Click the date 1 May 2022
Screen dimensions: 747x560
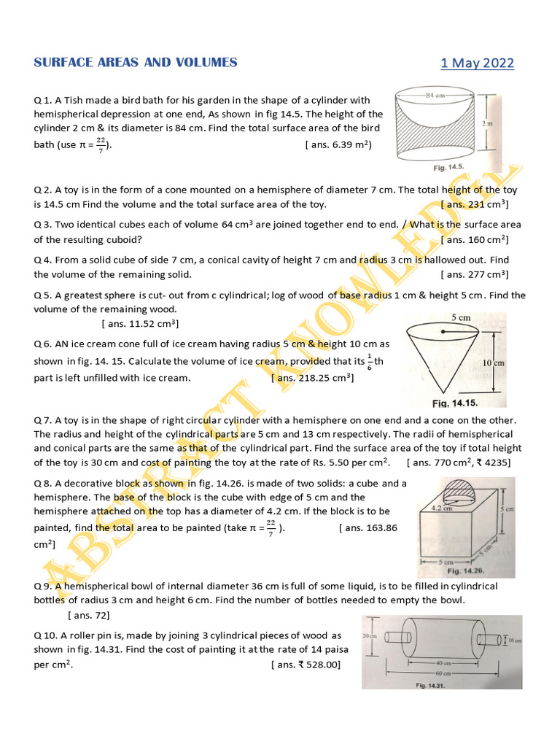click(477, 63)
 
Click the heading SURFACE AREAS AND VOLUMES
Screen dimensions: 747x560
click(136, 63)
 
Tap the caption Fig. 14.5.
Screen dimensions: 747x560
click(448, 167)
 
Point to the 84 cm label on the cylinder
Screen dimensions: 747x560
click(436, 95)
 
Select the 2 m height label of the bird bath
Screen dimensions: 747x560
click(487, 124)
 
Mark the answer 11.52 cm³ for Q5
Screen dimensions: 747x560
click(140, 323)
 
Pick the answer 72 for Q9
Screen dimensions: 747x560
click(88, 615)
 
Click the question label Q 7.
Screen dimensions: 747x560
click(43, 420)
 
